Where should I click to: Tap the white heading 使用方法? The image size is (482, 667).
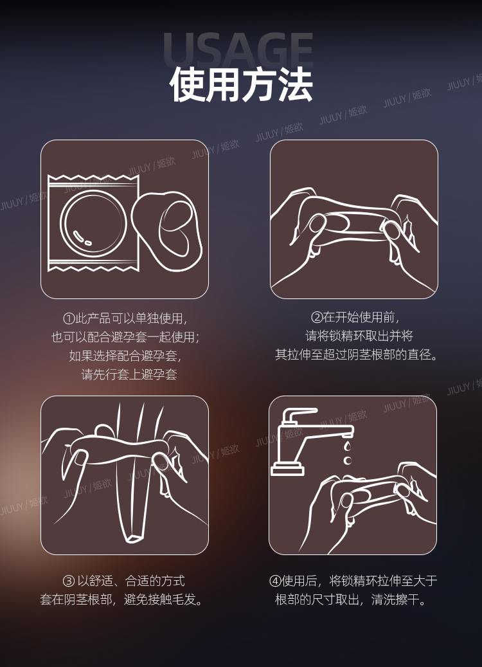(241, 84)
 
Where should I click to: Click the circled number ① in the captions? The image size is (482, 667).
(69, 318)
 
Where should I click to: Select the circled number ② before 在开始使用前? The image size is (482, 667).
(317, 317)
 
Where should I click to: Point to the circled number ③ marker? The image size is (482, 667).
(69, 581)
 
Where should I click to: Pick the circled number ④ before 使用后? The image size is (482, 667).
(275, 581)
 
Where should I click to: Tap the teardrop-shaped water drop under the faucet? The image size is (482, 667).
(348, 446)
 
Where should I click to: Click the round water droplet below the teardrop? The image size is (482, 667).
(348, 461)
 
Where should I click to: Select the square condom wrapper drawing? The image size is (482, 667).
(93, 223)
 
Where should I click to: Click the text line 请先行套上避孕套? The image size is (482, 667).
(129, 374)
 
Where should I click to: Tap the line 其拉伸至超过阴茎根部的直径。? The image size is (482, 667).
(356, 355)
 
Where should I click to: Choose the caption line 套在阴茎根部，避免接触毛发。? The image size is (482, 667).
(122, 599)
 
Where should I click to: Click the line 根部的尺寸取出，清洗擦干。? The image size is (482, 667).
(351, 599)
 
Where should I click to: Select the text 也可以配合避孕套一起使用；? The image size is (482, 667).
(126, 337)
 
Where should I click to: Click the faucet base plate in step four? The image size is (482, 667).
(288, 470)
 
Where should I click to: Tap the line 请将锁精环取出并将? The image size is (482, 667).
(359, 336)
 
